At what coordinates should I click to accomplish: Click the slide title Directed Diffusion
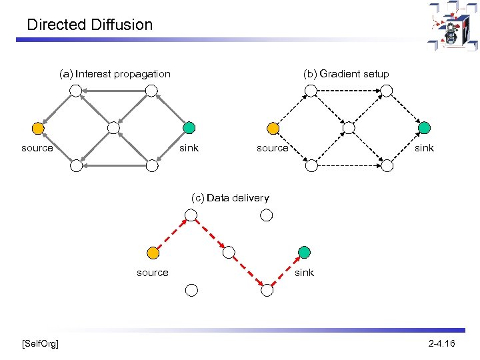[90, 25]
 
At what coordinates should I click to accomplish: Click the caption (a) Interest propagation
[115, 74]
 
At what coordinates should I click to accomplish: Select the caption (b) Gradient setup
[346, 74]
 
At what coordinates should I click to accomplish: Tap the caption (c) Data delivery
[230, 198]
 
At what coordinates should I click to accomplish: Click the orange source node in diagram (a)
[38, 127]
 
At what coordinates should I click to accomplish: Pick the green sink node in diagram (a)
[189, 127]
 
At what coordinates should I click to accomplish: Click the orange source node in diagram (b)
[273, 127]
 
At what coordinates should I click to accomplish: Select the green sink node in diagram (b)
[424, 127]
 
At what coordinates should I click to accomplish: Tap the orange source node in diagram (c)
[153, 253]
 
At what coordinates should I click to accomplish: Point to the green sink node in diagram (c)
[304, 252]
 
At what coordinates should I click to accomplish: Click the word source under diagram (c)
[153, 273]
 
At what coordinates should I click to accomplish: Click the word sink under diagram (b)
[424, 148]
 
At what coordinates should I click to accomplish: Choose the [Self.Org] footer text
[40, 343]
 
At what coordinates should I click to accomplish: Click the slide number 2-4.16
[441, 343]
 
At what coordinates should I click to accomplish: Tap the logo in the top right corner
[453, 27]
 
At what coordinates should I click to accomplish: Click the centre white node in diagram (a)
[114, 127]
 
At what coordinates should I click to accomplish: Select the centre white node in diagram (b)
[349, 127]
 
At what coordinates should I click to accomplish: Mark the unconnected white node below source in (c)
[191, 290]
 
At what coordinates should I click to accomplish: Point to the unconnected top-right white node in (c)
[266, 215]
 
